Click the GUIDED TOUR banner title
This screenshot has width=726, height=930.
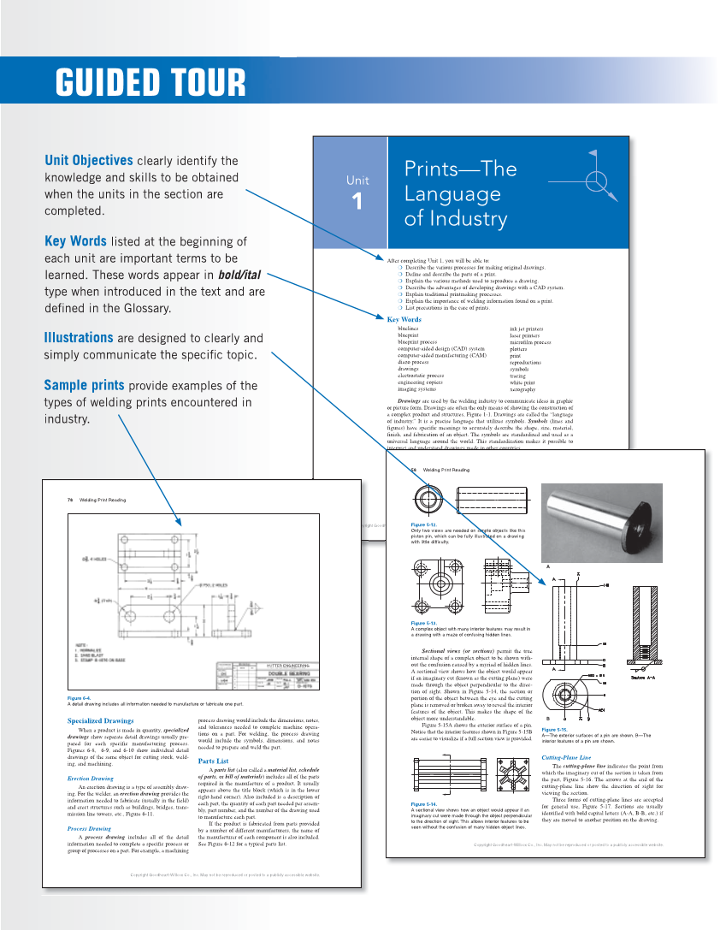[x=151, y=82]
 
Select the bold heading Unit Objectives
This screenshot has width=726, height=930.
[x=88, y=160]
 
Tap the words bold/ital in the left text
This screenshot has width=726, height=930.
[x=239, y=275]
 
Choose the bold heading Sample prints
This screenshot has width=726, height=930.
[x=84, y=385]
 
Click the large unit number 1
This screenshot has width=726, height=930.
[x=357, y=202]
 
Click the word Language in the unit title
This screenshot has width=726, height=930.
[x=452, y=193]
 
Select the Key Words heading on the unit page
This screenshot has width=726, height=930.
[x=404, y=320]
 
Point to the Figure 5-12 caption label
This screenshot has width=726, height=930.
[x=424, y=524]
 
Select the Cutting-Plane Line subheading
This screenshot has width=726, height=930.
[x=566, y=758]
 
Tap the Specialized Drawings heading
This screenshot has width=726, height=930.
[x=100, y=721]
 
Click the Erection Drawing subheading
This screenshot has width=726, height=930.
[x=90, y=779]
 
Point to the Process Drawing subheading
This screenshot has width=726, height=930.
[x=89, y=829]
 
